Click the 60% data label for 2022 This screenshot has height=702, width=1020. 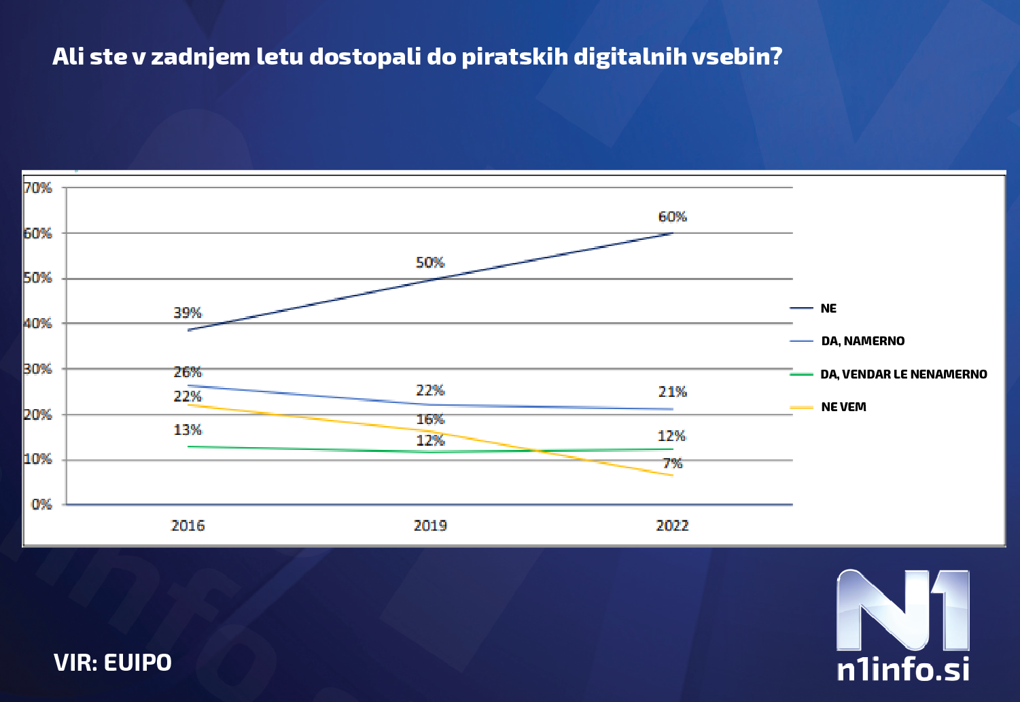point(672,217)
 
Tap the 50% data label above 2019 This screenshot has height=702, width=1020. point(430,262)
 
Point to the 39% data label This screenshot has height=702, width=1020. point(188,313)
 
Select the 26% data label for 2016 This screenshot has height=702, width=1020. point(188,372)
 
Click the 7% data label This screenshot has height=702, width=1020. point(672,463)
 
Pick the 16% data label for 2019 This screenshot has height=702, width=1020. point(430,419)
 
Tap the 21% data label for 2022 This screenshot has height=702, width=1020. point(672,391)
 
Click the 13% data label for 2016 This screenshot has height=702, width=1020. point(188,429)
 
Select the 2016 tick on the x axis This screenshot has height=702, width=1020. point(188,525)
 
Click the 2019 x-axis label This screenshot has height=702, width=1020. point(430,525)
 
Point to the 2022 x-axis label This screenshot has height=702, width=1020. point(672,525)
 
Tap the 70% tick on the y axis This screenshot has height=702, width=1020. point(38,188)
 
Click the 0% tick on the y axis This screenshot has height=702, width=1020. point(41,504)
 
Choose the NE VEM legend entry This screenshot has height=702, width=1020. point(843,407)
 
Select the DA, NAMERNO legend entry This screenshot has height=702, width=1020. point(862,341)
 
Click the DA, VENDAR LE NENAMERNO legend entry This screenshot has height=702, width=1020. point(903,374)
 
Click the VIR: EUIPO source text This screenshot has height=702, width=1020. point(113,663)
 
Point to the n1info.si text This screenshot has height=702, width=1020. point(902,669)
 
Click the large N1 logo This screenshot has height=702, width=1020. point(902,610)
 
